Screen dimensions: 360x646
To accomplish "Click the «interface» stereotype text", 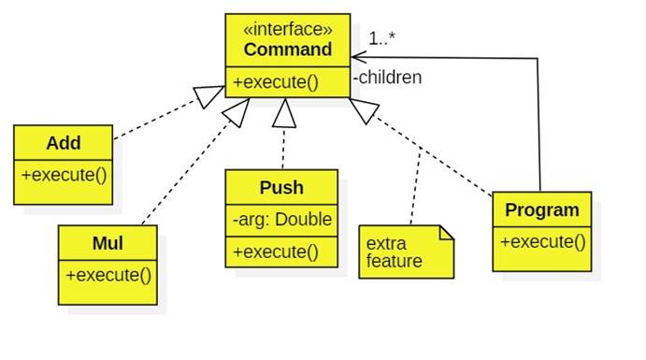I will pyautogui.click(x=288, y=28).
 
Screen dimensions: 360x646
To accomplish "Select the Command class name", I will pyautogui.click(x=288, y=49).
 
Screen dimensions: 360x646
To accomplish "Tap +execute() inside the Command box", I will pyautogui.click(x=276, y=82).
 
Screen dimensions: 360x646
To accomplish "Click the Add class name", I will pyautogui.click(x=64, y=143).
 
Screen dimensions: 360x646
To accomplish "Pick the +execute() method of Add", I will pyautogui.click(x=64, y=175).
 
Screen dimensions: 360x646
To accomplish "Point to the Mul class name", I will pyautogui.click(x=108, y=243).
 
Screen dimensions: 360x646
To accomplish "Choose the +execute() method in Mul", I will pyautogui.click(x=108, y=275).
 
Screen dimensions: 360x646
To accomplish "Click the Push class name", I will pyautogui.click(x=281, y=187).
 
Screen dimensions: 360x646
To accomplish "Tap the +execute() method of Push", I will pyautogui.click(x=276, y=252).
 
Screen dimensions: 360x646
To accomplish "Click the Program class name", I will pyautogui.click(x=542, y=210).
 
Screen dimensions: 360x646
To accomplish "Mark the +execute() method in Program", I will pyautogui.click(x=542, y=241).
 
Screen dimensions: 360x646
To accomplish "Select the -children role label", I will pyautogui.click(x=387, y=78).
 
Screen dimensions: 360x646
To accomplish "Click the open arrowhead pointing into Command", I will pyautogui.click(x=359, y=58).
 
